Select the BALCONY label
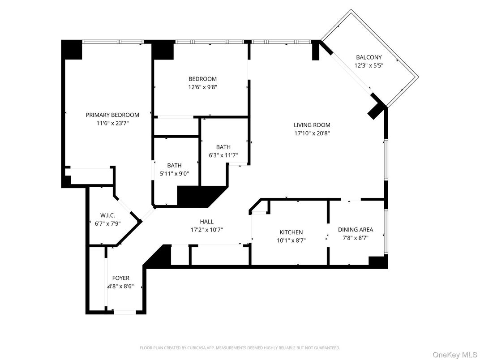tap(369, 57)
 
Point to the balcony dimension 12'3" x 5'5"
tap(369, 65)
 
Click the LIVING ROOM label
tap(312, 125)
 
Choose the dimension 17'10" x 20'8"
tap(312, 133)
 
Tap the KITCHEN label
tap(291, 232)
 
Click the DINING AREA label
tap(355, 230)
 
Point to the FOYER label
tap(120, 278)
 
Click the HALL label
tap(206, 221)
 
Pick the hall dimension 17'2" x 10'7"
tap(206, 230)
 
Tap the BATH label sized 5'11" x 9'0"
tap(174, 165)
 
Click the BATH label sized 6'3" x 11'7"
tap(223, 147)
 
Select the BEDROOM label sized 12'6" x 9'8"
tap(202, 79)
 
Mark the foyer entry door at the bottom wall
tap(124, 312)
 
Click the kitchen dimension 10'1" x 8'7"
tap(291, 240)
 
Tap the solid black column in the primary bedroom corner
tap(72, 49)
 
